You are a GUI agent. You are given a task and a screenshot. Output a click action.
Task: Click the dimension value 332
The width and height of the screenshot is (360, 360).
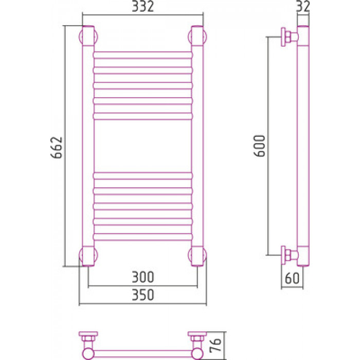(x=142, y=7)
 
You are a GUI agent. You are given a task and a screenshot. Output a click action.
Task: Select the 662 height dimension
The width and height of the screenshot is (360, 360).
(x=57, y=148)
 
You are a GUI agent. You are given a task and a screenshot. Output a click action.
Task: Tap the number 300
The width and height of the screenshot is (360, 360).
(x=142, y=277)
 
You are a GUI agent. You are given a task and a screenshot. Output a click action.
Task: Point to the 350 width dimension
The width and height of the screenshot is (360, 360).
(x=142, y=295)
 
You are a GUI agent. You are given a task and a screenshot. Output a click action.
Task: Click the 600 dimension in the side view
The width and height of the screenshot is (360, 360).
(x=260, y=146)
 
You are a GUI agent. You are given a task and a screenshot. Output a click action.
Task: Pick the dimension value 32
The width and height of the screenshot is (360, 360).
(x=303, y=6)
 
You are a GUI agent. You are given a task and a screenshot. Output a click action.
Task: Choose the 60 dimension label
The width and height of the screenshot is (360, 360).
(x=292, y=278)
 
